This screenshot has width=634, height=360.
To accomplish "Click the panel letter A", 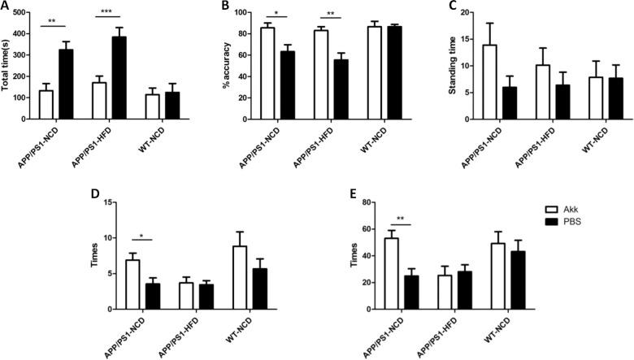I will pos(6,7).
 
